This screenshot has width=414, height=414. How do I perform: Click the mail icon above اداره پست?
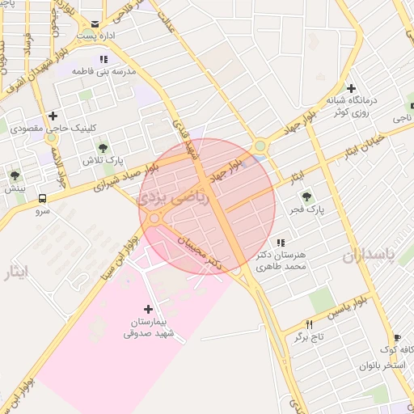95,24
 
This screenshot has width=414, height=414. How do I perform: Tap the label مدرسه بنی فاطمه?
103,71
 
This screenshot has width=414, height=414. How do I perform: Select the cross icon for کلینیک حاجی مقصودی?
53,116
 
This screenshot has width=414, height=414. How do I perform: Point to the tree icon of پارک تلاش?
103,147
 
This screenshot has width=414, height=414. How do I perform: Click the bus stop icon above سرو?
42,198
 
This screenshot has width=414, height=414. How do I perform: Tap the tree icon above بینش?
15,175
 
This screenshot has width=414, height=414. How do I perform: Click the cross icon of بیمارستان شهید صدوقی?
147,309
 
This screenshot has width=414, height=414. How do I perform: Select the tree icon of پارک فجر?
306,196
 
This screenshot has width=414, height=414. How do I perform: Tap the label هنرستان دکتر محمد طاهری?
282,260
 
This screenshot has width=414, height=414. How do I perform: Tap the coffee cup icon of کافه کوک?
396,338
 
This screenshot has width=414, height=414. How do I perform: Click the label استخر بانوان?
384,365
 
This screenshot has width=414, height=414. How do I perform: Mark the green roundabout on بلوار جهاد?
260,146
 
